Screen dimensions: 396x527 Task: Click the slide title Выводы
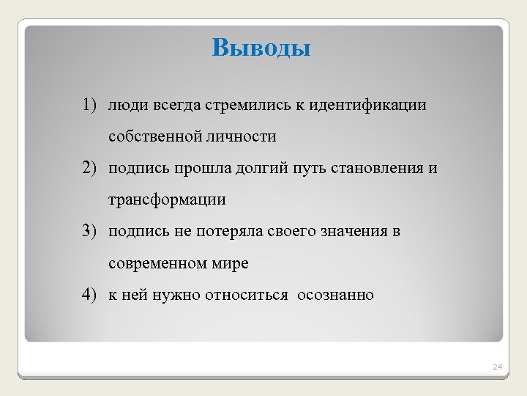[261, 48]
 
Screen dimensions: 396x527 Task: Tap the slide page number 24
[497, 366]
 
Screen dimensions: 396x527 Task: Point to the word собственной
[153, 137]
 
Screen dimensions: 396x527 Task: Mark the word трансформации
[167, 200]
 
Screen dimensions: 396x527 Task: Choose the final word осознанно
[335, 296]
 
